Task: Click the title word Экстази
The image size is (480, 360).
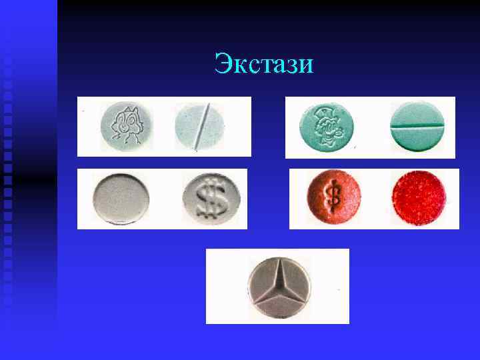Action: [263, 65]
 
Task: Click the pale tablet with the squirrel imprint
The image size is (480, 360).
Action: [125, 125]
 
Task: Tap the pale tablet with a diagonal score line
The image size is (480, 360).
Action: [200, 125]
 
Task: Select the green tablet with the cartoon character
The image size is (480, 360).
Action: [327, 125]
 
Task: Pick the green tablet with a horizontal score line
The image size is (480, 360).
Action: [416, 125]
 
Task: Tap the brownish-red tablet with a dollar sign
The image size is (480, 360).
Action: [333, 197]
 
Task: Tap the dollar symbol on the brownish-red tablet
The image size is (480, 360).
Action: [332, 197]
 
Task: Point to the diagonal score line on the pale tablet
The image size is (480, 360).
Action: [201, 125]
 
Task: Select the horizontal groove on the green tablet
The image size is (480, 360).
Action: [416, 125]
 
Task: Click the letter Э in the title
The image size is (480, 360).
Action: [223, 65]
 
